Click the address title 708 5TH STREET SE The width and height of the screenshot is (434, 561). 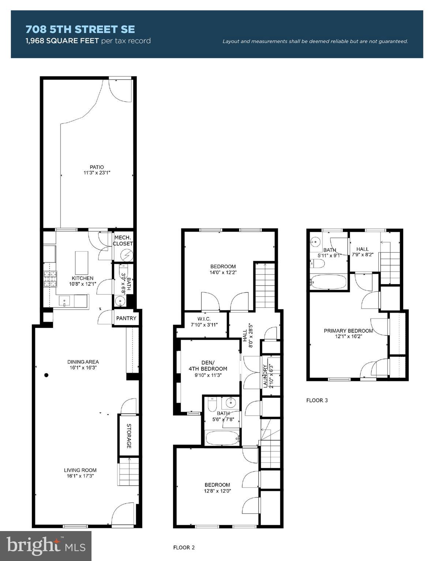click(80, 29)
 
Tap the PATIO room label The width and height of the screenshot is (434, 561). click(97, 167)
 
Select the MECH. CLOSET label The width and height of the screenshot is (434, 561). click(123, 240)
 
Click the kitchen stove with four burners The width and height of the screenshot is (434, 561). click(50, 279)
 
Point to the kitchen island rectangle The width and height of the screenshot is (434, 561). click(82, 262)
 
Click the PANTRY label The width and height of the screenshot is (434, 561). click(126, 318)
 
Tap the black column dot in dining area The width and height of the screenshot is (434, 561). click(46, 375)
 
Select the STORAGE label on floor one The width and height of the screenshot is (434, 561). click(129, 436)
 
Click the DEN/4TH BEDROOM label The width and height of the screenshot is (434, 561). click(208, 366)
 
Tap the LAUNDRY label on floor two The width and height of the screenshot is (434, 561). click(265, 376)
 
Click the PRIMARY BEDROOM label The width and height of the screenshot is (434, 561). click(348, 331)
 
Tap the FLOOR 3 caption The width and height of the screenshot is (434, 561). click(317, 400)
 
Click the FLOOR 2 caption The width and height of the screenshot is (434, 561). click(184, 547)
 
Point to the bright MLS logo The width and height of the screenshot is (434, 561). click(46, 546)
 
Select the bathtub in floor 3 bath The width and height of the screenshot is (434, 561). click(328, 282)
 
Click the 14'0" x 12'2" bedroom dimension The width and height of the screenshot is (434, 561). click(223, 272)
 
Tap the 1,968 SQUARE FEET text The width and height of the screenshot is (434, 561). click(62, 41)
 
